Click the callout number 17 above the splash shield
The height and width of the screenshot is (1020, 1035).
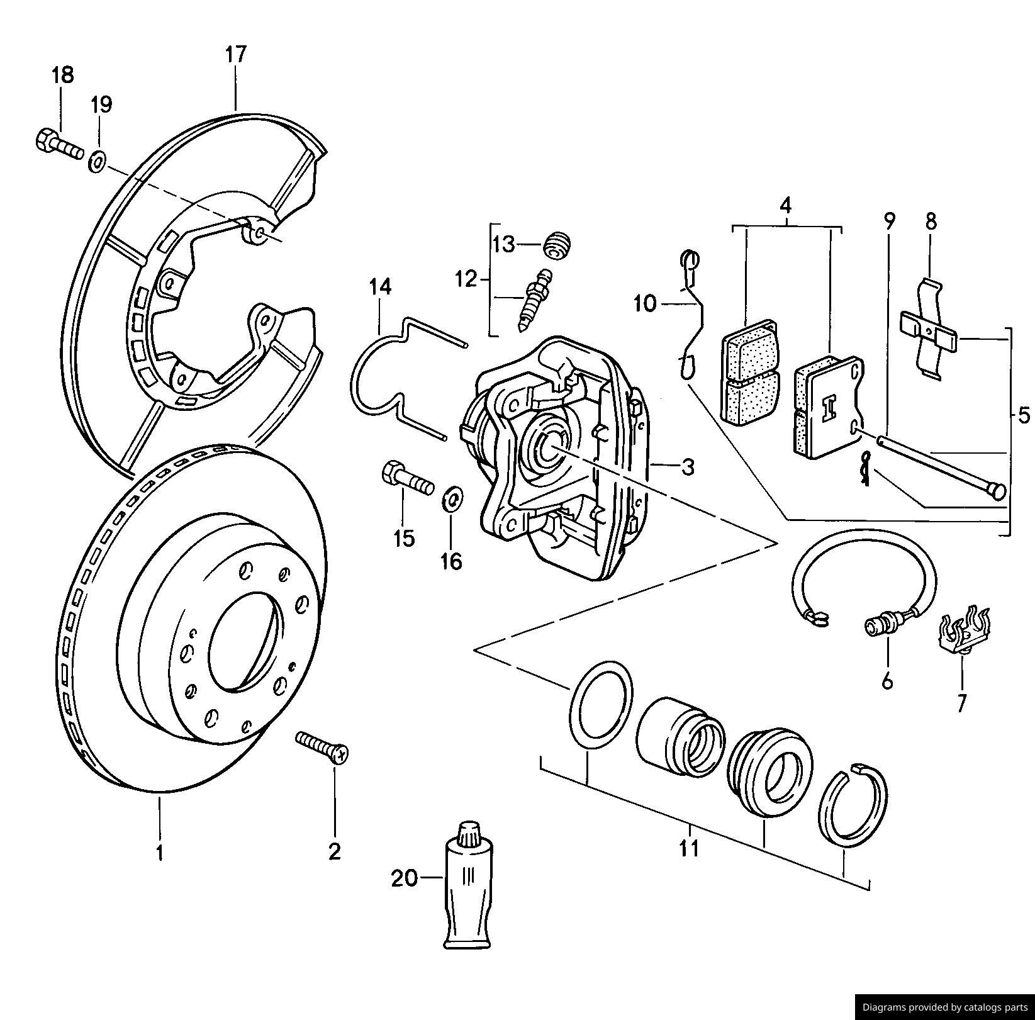236,54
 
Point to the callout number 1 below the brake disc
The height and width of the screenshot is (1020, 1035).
160,853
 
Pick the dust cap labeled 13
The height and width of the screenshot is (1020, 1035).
557,244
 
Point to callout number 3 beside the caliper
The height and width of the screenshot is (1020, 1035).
688,467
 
